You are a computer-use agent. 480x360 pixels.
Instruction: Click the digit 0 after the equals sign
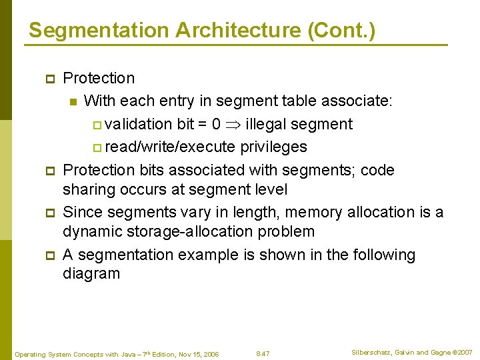point(216,124)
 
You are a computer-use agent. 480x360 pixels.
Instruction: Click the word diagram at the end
point(91,273)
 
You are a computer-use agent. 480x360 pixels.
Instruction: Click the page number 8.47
point(263,353)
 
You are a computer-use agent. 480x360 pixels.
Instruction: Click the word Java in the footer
point(126,354)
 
